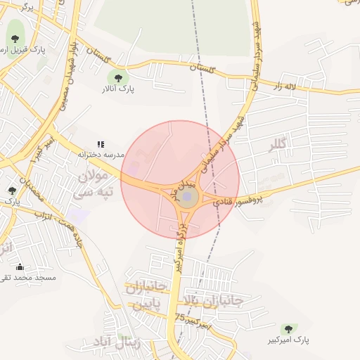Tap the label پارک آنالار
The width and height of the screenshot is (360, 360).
point(117,89)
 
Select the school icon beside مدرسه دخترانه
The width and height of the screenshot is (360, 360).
point(100,145)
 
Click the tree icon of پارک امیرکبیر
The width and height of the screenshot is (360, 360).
point(288,329)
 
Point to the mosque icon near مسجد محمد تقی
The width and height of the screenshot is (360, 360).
point(20,266)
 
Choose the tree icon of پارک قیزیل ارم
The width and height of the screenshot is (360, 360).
point(15,39)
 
